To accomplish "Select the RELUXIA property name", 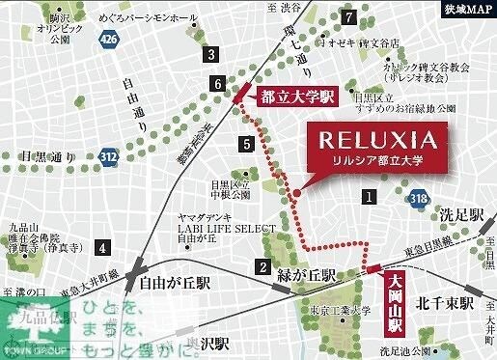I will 374,141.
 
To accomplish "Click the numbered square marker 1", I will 368,197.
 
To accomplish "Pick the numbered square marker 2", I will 262,267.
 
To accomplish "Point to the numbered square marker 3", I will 208,54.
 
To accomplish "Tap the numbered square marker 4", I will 100,248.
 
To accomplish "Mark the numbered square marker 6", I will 219,85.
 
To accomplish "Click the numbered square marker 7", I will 347,15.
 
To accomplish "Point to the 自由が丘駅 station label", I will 175,286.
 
